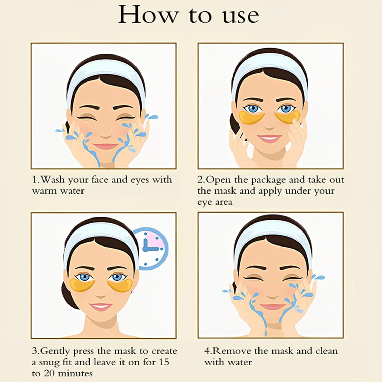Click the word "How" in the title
tap(147, 15)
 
